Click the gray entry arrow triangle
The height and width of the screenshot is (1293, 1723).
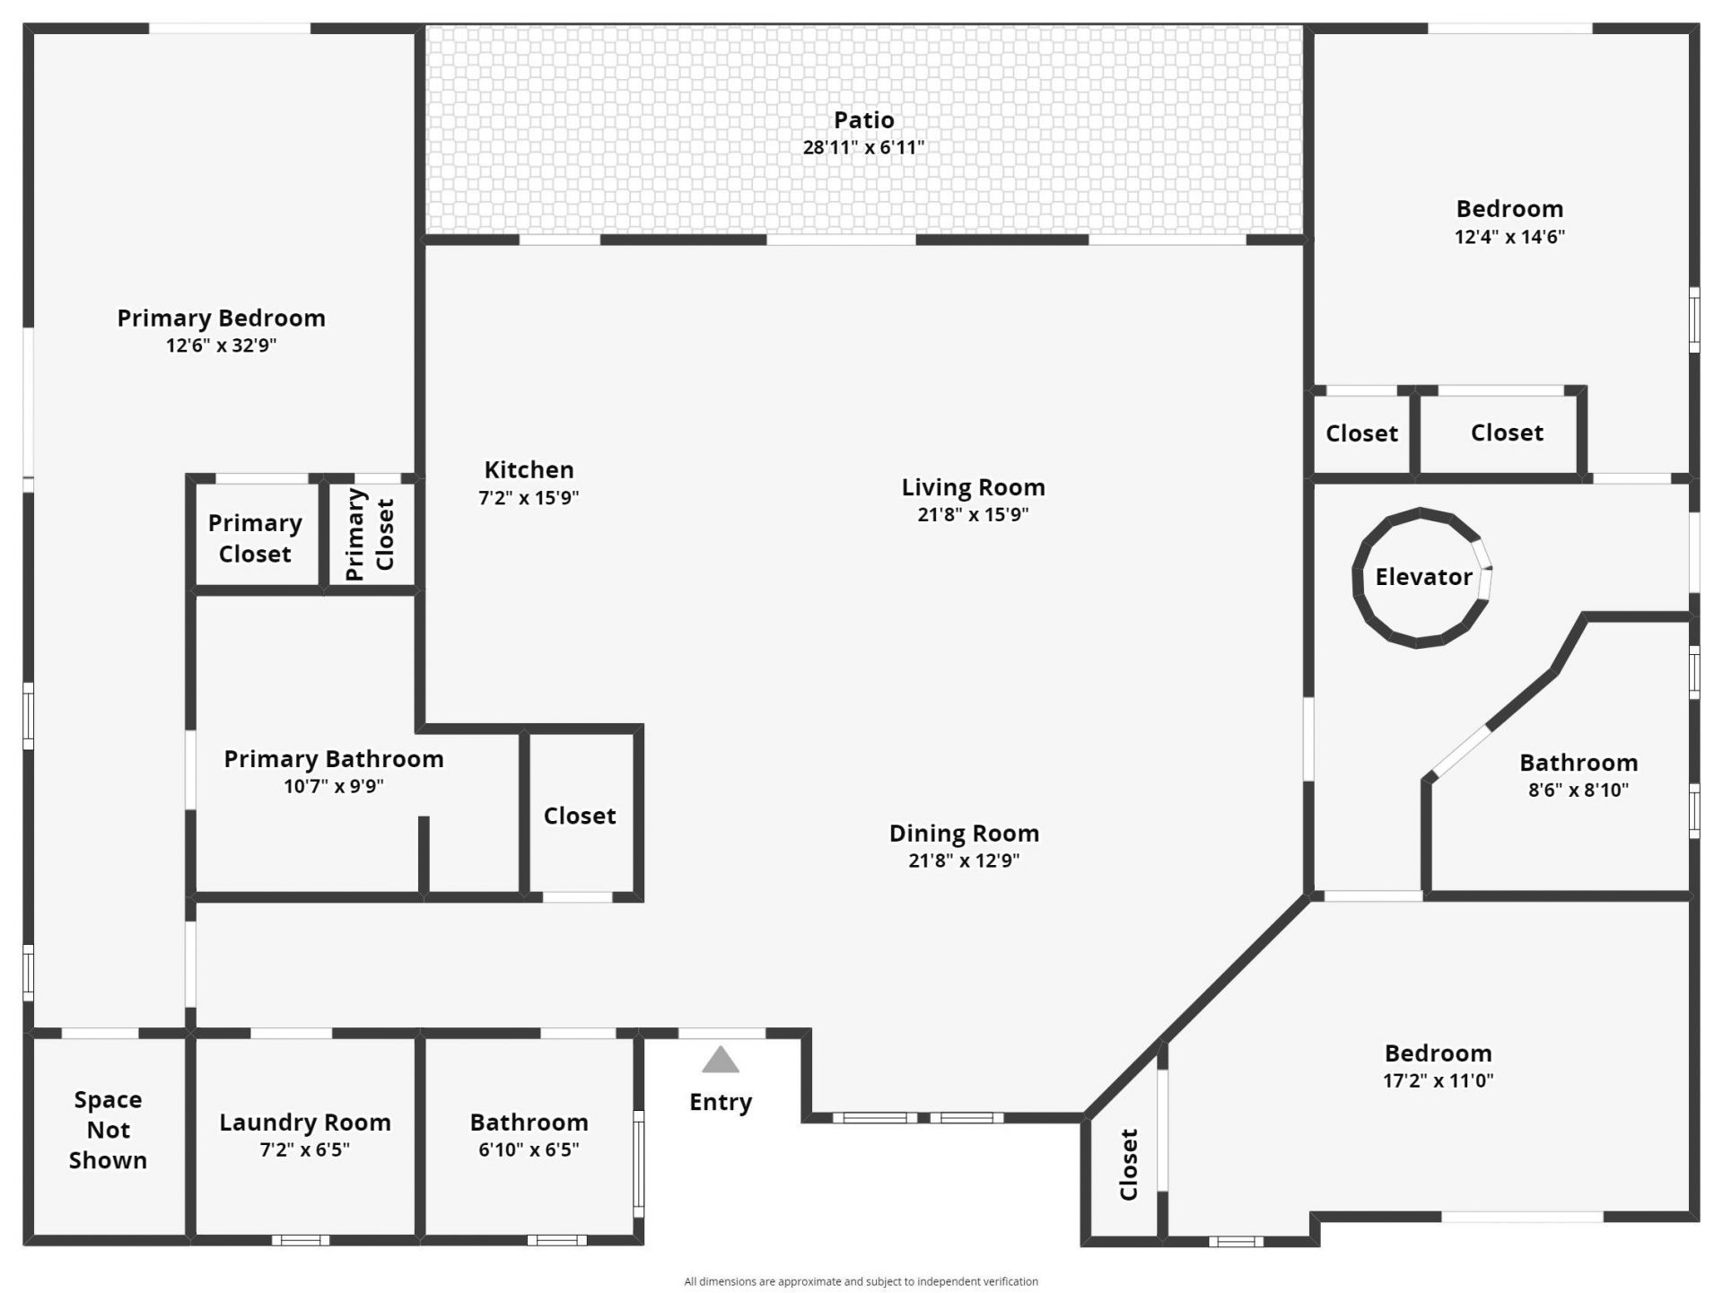(721, 1061)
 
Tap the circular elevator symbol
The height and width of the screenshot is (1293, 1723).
(1421, 577)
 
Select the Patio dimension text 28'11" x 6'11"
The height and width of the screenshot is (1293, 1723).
(863, 148)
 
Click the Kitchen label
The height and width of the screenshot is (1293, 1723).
(529, 469)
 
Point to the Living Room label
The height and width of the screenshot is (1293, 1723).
(973, 487)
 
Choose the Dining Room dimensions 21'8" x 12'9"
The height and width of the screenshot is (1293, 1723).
(964, 861)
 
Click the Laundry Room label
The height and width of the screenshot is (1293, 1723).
(305, 1123)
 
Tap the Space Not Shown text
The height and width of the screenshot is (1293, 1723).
(108, 1130)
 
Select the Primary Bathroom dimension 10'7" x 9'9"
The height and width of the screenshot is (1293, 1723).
(334, 787)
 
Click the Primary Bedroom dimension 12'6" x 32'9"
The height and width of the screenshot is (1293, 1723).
(221, 345)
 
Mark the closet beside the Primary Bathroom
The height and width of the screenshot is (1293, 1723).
(580, 816)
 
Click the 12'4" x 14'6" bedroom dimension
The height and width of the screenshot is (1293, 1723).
(1509, 237)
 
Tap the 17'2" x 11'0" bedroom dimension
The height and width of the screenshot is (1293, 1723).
(1438, 1080)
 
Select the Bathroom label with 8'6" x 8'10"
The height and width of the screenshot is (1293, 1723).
(1579, 763)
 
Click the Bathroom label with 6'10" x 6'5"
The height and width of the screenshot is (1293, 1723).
(529, 1123)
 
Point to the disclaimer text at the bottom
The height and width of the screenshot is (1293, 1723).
(861, 1281)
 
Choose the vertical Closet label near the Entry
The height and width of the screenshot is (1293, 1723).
(1129, 1165)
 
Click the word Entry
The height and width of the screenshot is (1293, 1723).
(721, 1102)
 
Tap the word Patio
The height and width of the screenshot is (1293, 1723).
(863, 119)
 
